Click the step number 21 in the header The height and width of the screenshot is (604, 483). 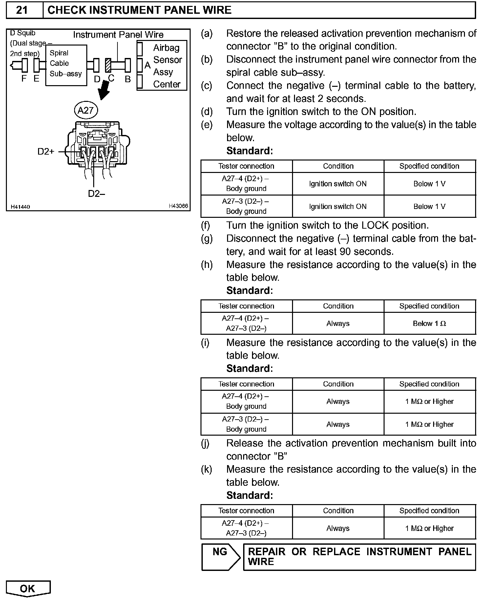click(22, 10)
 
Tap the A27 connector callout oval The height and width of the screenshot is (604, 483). click(86, 111)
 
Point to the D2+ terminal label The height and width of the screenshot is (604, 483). click(46, 152)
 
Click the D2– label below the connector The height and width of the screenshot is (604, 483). click(96, 194)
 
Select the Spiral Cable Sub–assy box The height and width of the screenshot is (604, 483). click(66, 65)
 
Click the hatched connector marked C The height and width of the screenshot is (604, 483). click(108, 65)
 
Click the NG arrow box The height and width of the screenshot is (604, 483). click(220, 557)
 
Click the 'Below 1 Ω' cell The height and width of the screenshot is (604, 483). click(430, 324)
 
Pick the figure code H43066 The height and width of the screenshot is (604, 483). click(178, 206)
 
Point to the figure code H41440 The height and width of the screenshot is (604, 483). click(20, 207)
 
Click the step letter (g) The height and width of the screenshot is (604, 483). click(207, 238)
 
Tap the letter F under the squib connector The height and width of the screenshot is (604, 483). click(24, 78)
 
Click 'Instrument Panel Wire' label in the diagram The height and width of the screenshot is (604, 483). click(118, 35)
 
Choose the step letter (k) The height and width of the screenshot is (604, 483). click(207, 469)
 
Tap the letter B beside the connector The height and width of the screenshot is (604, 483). click(128, 79)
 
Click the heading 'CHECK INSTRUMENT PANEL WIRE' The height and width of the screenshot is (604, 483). click(139, 10)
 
